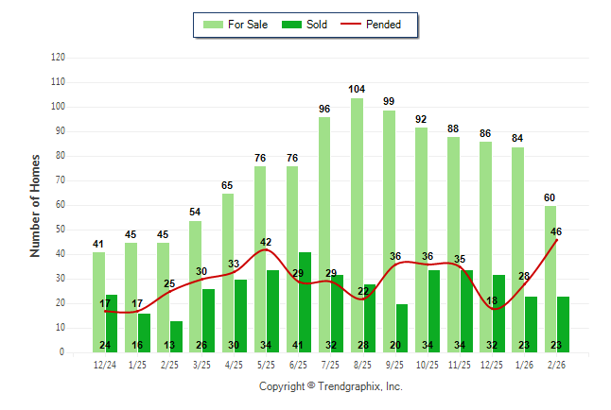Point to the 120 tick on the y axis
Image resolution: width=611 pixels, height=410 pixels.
(x=58, y=58)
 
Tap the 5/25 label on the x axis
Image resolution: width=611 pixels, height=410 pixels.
(x=266, y=365)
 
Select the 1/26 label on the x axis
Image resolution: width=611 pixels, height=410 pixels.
(x=524, y=365)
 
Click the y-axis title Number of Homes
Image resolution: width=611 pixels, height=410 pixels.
(x=36, y=205)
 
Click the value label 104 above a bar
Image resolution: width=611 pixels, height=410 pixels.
(x=357, y=90)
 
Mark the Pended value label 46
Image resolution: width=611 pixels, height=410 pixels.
(x=556, y=231)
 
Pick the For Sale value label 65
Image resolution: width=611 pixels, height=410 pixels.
(x=228, y=186)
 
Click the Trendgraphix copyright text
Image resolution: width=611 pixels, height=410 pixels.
(x=331, y=386)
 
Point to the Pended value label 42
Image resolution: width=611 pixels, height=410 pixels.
(x=266, y=243)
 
